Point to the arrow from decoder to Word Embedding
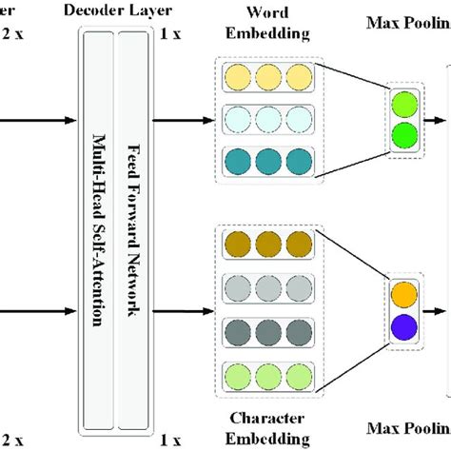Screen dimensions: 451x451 tap(183, 120)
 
